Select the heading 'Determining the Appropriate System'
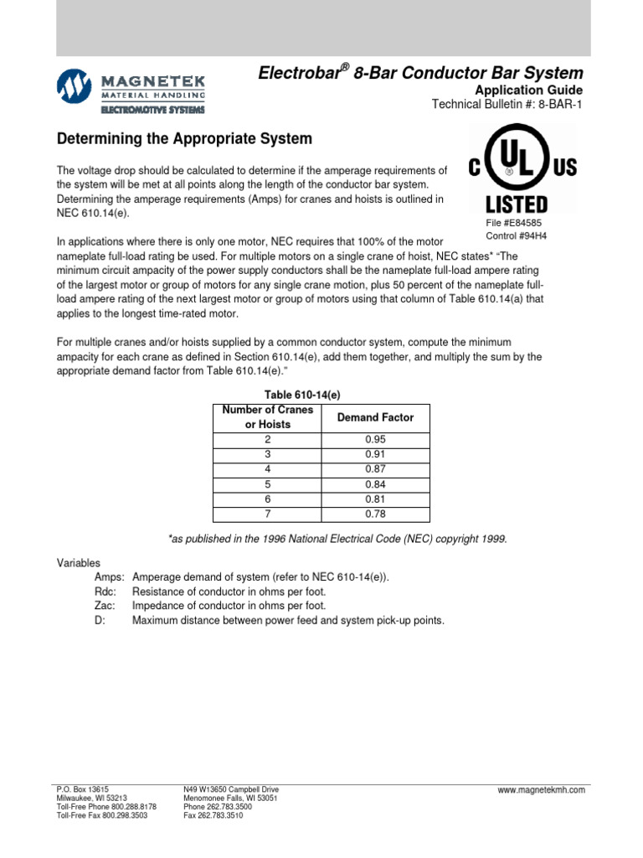183,138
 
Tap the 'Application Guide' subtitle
528,90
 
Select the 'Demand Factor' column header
375,417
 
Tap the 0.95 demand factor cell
375,440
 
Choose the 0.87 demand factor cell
375,470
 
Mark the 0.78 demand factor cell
375,514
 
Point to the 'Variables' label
78,564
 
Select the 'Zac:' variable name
106,606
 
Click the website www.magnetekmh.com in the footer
541,790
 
